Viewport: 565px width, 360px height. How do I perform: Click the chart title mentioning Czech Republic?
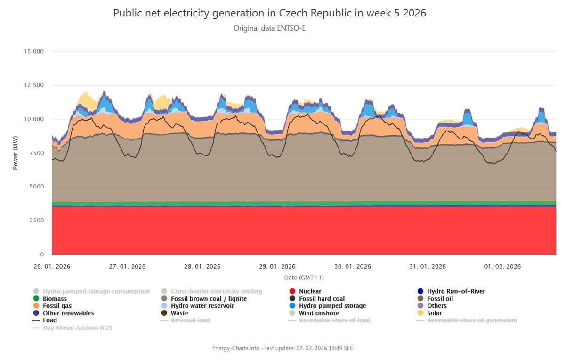(x=269, y=13)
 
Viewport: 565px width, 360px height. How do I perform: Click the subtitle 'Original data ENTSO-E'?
(x=270, y=28)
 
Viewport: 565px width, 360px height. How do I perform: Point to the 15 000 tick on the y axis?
(x=33, y=51)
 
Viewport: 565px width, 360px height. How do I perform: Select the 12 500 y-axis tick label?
(x=33, y=85)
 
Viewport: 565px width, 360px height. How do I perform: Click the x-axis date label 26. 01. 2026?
(x=52, y=267)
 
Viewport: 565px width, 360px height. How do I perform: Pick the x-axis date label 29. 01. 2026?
(x=277, y=267)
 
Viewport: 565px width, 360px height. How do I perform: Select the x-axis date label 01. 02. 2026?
(x=502, y=267)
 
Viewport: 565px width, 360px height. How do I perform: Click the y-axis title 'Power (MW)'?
(x=15, y=153)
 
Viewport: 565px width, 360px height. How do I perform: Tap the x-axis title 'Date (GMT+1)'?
(x=304, y=278)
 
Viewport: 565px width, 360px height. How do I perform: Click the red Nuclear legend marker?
(x=292, y=291)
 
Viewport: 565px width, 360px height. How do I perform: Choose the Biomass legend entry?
(x=55, y=299)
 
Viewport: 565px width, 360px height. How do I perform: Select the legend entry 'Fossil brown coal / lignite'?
(x=209, y=299)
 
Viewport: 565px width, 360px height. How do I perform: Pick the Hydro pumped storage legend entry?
(x=332, y=306)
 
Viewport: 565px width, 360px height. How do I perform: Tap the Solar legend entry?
(x=434, y=313)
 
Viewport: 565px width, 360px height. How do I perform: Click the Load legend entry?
(x=49, y=320)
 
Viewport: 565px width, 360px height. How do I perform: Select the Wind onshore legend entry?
(x=319, y=313)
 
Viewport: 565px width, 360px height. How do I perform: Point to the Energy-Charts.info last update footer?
(x=282, y=348)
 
